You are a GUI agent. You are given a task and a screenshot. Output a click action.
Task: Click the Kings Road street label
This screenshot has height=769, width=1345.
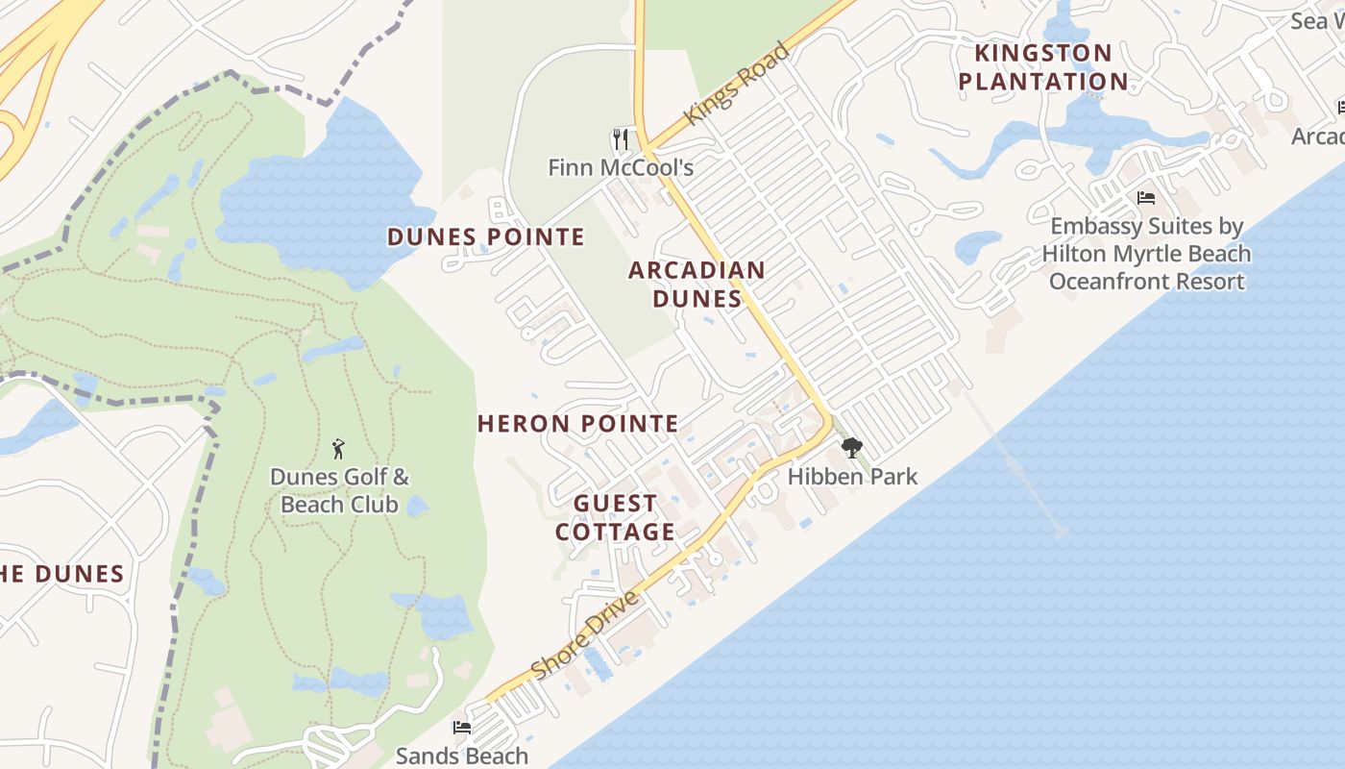pos(738,84)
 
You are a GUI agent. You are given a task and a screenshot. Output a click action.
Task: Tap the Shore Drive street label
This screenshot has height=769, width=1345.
pos(584,636)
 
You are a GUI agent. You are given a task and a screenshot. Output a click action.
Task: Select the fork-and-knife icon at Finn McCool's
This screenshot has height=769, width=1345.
pos(621,139)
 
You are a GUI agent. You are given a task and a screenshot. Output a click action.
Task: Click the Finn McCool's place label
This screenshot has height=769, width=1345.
pos(621,167)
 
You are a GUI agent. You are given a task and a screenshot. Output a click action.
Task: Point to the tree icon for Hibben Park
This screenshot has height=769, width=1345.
pos(851,448)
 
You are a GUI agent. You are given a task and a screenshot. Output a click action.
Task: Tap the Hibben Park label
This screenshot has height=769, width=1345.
pos(852,476)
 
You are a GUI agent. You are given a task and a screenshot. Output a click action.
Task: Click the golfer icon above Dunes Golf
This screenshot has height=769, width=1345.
pos(338,448)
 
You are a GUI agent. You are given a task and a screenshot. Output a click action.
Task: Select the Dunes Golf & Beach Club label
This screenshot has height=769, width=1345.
pos(339,490)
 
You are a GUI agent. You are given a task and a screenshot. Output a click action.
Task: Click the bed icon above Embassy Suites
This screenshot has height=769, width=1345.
pos(1145,198)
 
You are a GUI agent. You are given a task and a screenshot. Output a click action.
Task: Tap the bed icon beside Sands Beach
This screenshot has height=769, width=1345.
pos(462,728)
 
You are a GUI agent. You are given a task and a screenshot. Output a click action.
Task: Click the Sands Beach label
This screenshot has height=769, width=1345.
pos(462,756)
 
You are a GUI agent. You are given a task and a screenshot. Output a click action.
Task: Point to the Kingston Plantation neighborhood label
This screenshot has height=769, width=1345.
pos(1043,66)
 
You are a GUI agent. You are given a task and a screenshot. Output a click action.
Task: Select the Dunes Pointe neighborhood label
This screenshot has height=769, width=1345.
pos(486,236)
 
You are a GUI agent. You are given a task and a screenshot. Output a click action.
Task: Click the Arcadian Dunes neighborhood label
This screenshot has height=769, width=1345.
pos(697,284)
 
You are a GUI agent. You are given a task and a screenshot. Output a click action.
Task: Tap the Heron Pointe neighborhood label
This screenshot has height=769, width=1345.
pos(577,423)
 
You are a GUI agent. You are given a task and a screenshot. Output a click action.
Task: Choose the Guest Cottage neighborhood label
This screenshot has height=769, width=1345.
pos(615,517)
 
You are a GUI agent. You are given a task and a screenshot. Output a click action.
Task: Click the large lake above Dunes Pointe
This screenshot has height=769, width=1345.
pos(327,192)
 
